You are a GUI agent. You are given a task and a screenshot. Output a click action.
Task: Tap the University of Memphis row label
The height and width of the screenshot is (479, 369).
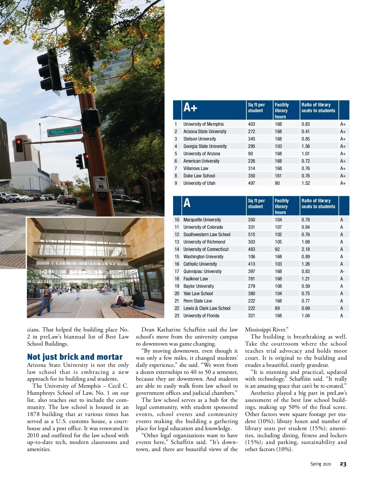click(204, 124)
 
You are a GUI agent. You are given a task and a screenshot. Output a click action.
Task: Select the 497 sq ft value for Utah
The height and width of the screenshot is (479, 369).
click(252, 183)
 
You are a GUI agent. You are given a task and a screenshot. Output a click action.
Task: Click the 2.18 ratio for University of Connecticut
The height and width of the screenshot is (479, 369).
click(306, 249)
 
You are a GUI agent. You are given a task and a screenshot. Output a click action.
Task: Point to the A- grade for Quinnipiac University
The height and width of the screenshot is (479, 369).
click(342, 271)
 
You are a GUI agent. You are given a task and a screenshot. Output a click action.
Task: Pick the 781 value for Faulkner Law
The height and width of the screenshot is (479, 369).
click(252, 279)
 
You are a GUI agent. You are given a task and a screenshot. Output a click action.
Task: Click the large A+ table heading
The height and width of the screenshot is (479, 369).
click(190, 108)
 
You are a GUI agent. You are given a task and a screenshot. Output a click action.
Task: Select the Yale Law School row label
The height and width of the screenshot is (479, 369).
click(198, 294)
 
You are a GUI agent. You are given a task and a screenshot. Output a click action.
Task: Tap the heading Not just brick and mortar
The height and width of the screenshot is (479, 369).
click(75, 357)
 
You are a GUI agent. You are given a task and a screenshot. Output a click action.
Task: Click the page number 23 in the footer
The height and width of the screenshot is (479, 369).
click(343, 464)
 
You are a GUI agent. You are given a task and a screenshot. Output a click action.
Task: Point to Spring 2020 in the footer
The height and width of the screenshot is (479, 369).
click(320, 464)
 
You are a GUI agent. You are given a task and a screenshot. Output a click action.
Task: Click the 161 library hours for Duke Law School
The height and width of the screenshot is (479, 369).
click(278, 176)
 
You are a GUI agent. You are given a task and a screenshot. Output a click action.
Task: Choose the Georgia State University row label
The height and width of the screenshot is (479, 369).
click(205, 146)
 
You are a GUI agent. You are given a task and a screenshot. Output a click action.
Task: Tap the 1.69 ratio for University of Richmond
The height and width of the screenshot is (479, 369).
click(306, 242)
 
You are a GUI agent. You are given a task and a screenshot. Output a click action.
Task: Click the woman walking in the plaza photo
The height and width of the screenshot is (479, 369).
click(46, 298)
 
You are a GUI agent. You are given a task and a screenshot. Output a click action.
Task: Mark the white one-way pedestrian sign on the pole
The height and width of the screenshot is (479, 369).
click(101, 184)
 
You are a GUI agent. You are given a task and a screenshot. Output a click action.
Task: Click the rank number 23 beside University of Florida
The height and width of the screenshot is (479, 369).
click(177, 316)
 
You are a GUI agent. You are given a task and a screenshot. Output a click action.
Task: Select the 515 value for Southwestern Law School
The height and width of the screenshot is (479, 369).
click(252, 235)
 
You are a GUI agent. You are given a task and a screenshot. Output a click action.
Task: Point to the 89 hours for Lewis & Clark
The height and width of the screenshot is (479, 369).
click(277, 308)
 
